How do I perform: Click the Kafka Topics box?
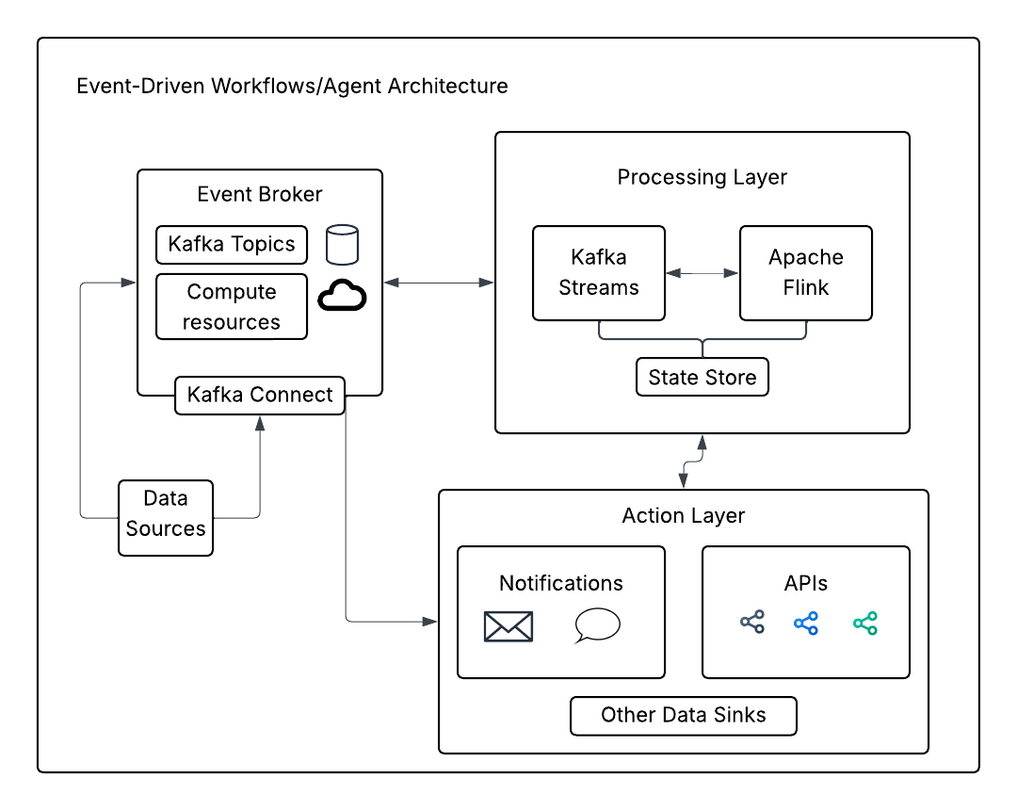click(x=232, y=245)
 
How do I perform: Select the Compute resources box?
click(x=232, y=307)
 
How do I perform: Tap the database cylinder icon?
click(x=342, y=245)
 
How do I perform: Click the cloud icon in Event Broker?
click(x=342, y=297)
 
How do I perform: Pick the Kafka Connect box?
click(x=260, y=395)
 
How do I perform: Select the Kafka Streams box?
click(x=599, y=273)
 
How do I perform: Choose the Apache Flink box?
click(x=806, y=273)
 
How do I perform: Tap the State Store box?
click(x=702, y=377)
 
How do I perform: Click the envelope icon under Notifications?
click(x=508, y=626)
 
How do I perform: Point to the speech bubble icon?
click(x=597, y=625)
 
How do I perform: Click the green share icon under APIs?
click(x=865, y=623)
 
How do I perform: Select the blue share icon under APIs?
click(x=806, y=623)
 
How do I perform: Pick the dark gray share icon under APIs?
click(x=752, y=623)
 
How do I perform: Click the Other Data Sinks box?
click(x=684, y=716)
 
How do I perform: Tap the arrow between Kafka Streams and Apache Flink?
click(x=702, y=273)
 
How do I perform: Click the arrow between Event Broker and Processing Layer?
click(x=439, y=282)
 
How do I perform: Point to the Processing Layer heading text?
click(x=702, y=177)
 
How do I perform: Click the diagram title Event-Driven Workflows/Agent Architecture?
click(x=292, y=87)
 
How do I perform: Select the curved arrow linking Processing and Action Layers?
click(x=693, y=462)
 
